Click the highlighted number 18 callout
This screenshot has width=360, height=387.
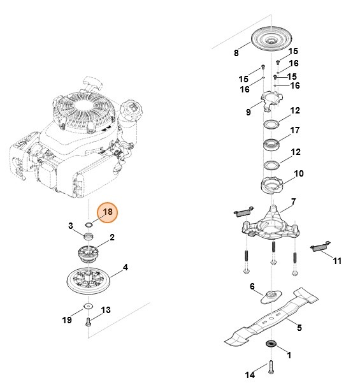(107, 212)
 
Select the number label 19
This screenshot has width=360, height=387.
(68, 320)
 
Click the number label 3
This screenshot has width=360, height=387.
(71, 226)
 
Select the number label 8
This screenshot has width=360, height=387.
(236, 53)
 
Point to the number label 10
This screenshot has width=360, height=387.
(298, 173)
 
